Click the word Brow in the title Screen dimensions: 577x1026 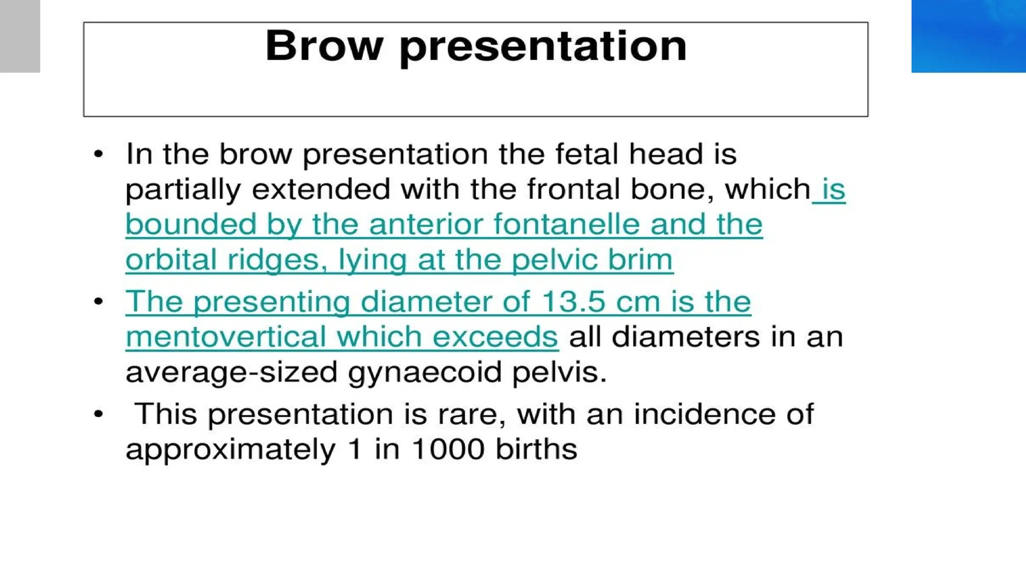324,46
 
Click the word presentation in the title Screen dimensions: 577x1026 543,47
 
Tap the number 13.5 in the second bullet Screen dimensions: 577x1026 573,302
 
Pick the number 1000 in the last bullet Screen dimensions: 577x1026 448,449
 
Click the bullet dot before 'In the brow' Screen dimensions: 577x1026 99,154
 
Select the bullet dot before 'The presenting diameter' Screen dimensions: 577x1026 99,302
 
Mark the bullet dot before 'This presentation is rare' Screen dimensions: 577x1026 99,414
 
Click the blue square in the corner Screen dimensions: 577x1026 968,36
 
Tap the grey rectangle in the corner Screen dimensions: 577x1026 20,36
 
